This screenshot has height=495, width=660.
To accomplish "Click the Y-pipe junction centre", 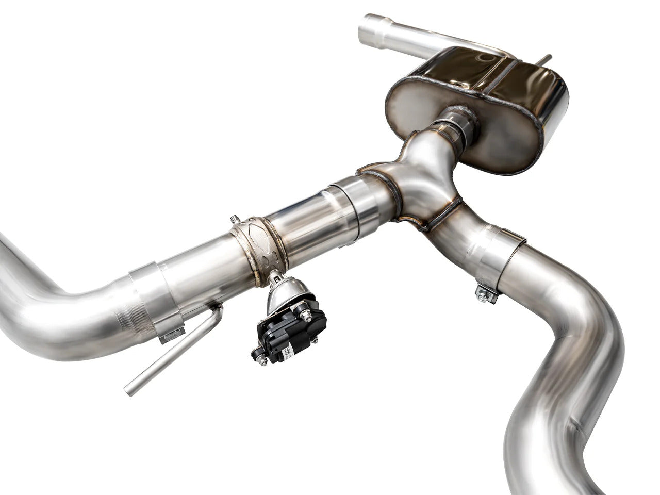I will point(423,191).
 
